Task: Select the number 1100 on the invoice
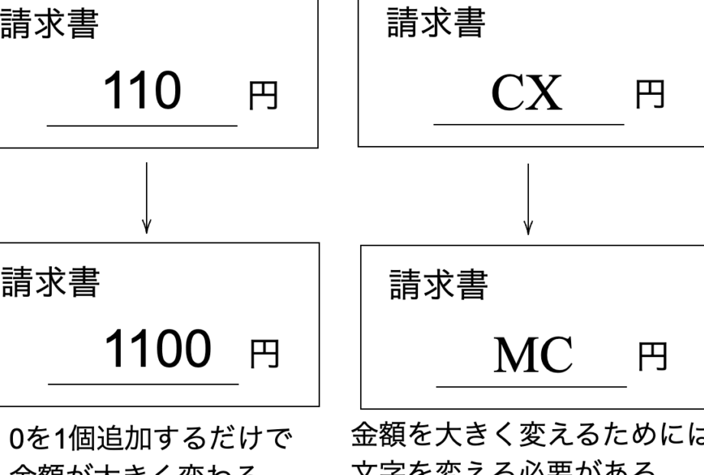157,351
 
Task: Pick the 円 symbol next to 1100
264,356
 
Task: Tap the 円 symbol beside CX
650,96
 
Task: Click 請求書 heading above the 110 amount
50,26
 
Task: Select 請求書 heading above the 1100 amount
50,284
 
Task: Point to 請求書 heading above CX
436,24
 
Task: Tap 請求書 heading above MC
439,286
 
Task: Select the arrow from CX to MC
528,197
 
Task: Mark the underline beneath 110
142,125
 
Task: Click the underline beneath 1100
144,383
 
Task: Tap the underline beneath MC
531,386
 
